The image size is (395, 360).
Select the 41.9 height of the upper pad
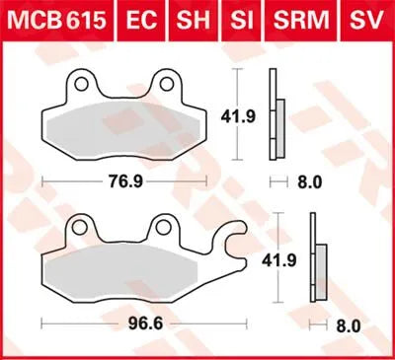(x=245, y=113)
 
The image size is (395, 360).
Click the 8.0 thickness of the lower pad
(x=347, y=323)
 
